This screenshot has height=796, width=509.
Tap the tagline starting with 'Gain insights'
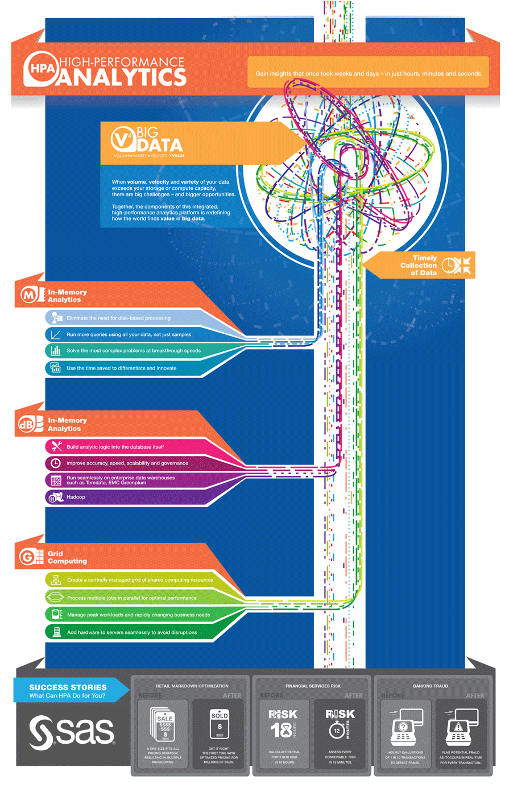click(x=369, y=73)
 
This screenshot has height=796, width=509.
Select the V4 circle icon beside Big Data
click(x=123, y=138)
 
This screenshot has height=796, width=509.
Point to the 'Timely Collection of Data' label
click(x=419, y=266)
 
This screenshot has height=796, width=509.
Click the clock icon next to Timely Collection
click(x=449, y=265)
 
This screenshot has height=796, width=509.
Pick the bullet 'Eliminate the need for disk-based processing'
click(x=118, y=318)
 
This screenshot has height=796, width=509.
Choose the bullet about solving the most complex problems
click(x=133, y=351)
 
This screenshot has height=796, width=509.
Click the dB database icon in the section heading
click(x=31, y=424)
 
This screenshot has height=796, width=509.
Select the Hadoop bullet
click(x=76, y=498)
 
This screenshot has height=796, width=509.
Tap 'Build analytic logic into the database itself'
click(x=115, y=447)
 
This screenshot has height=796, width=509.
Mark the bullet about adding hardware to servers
click(x=132, y=632)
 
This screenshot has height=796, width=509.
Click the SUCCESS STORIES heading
click(x=68, y=687)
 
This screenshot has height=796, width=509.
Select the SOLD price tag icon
click(x=220, y=724)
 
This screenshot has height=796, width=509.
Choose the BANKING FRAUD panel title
click(x=431, y=686)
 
